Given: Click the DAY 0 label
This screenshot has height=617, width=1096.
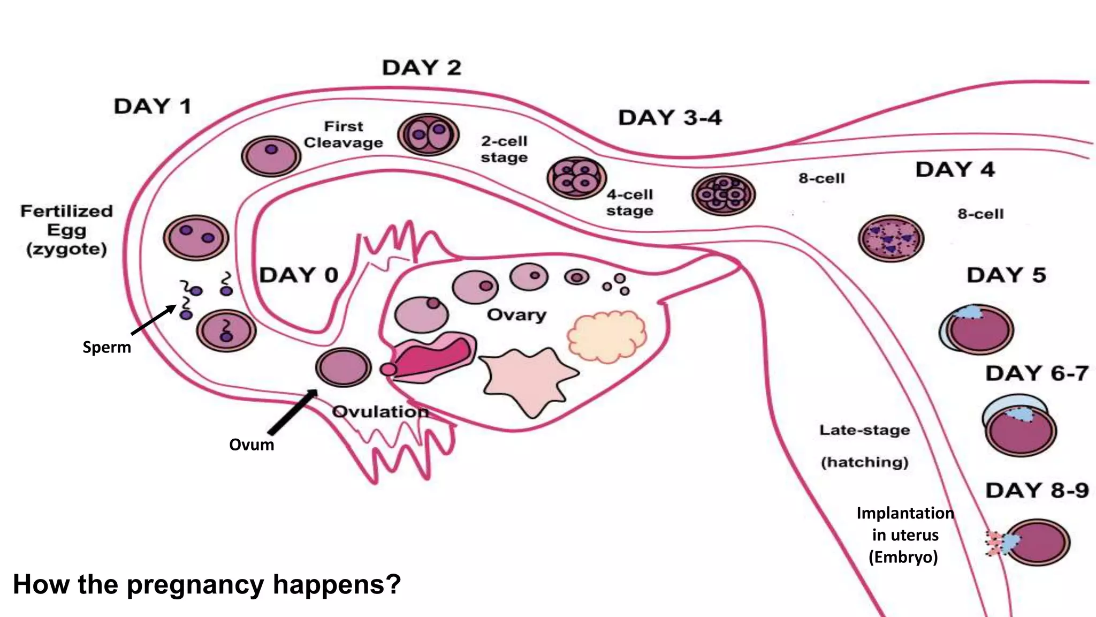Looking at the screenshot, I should tap(299, 275).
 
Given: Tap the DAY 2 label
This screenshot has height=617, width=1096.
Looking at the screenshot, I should tap(422, 68).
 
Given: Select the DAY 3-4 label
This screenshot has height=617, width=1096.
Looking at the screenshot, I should tap(670, 118).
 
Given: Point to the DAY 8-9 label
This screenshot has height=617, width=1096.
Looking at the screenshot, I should tap(1037, 491).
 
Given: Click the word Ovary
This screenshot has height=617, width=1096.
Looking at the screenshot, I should tap(516, 315).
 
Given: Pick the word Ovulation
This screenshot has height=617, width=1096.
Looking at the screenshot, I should tap(380, 412).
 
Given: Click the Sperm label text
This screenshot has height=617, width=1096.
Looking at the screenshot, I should tap(106, 347).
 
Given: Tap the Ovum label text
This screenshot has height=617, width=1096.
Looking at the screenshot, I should tap(252, 445).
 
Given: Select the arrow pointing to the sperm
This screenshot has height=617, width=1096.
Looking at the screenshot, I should tap(154, 320).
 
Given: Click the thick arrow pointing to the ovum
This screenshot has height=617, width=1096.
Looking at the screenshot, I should tap(292, 412).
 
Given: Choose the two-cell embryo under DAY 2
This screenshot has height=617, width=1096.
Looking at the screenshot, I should tap(428, 134).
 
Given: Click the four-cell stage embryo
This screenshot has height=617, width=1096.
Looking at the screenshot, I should tap(576, 178).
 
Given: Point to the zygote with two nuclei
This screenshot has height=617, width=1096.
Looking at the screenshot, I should tap(196, 238).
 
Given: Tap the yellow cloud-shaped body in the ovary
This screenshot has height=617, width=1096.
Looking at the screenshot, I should tap(607, 336).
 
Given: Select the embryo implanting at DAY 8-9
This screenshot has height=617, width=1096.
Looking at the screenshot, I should tap(1037, 542).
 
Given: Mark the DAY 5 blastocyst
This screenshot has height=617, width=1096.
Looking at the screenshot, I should tap(978, 329).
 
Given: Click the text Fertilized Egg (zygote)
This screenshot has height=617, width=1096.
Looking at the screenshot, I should tap(66, 230).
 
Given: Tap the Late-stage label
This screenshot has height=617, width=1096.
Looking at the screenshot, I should tap(864, 430).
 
